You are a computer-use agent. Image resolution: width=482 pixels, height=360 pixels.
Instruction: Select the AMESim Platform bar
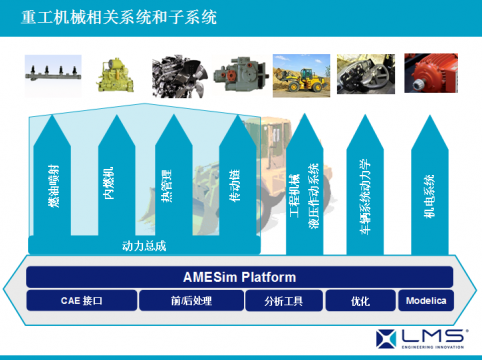click(x=240, y=276)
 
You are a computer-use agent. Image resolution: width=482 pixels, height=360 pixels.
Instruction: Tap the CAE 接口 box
click(x=81, y=300)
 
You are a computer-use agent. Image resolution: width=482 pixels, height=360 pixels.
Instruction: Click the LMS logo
click(x=421, y=337)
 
